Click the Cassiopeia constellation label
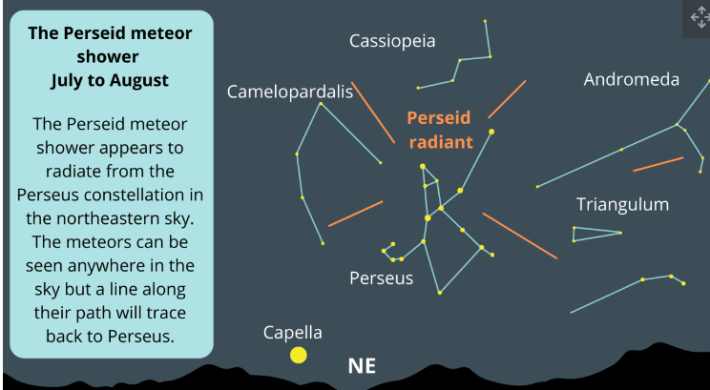(392, 41)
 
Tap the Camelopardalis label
(290, 92)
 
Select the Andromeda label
(631, 80)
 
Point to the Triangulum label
(622, 204)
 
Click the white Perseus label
(382, 277)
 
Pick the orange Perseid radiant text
(440, 130)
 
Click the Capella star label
(293, 333)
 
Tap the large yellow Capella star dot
(299, 355)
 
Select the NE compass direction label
(362, 366)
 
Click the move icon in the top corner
(700, 18)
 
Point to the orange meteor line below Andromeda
(658, 164)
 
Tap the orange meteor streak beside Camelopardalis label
(373, 113)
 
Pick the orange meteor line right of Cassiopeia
(507, 99)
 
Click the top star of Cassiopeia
(485, 21)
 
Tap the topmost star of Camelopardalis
(321, 104)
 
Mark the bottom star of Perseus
(440, 293)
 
